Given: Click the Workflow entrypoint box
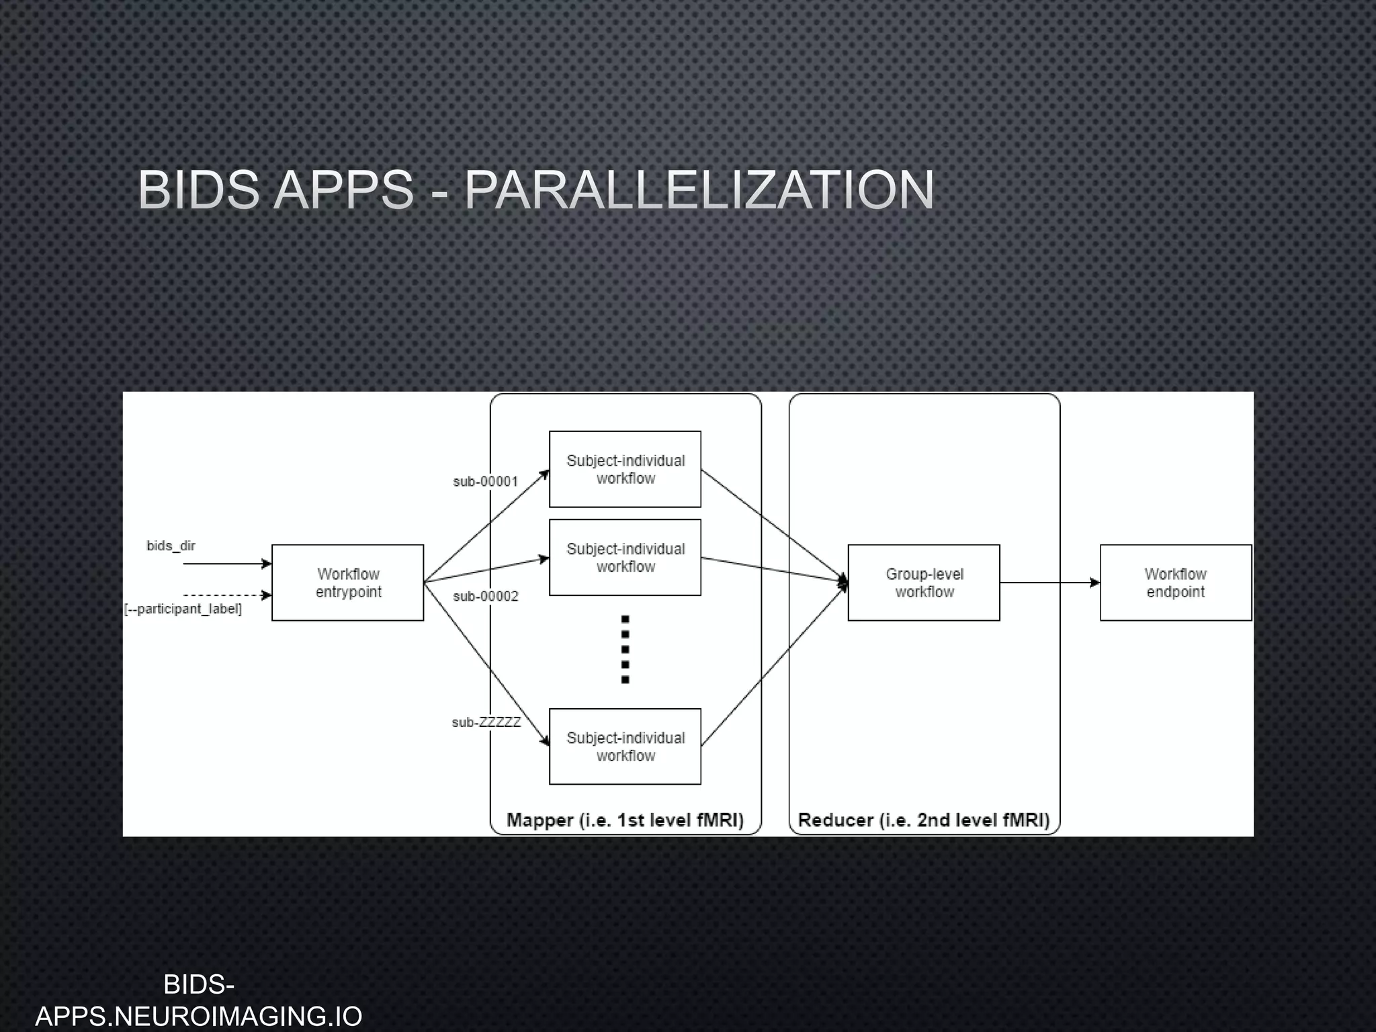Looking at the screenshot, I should click(347, 583).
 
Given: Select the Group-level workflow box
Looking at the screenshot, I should click(924, 583).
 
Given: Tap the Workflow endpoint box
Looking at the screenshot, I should click(1175, 583).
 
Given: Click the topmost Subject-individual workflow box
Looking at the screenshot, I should click(625, 469).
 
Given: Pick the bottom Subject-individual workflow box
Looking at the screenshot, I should click(625, 746).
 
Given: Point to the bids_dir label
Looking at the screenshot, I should click(171, 546).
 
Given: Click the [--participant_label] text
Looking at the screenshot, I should click(183, 609).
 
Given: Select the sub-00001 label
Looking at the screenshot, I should click(485, 481).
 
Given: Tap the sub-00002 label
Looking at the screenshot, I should click(485, 596).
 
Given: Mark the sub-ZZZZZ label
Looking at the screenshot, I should click(486, 722).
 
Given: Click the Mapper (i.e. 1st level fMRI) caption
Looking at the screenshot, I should click(625, 820).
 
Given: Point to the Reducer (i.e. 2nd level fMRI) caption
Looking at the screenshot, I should click(924, 820).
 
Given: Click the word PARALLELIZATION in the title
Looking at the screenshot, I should click(699, 189).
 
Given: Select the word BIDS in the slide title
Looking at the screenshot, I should click(199, 189).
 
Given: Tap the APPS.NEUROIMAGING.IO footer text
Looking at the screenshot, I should click(199, 1016).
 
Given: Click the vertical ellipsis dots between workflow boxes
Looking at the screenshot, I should click(625, 649).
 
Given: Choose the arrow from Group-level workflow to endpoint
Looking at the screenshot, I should click(1049, 583).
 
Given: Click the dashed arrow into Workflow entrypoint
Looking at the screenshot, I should click(226, 595).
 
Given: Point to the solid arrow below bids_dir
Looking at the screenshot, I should click(226, 564).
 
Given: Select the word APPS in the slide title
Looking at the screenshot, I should click(344, 189).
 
